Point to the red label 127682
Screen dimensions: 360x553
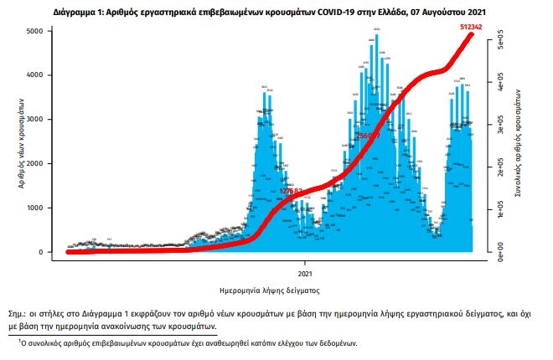[x=290, y=192]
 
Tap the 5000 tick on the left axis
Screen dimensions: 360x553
[x=38, y=31]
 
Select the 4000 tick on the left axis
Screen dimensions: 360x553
[x=38, y=75]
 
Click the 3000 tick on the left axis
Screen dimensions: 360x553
[x=38, y=120]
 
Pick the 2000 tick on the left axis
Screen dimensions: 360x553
[x=38, y=164]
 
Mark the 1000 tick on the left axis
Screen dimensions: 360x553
[x=38, y=208]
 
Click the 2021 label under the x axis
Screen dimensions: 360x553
[x=305, y=273]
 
